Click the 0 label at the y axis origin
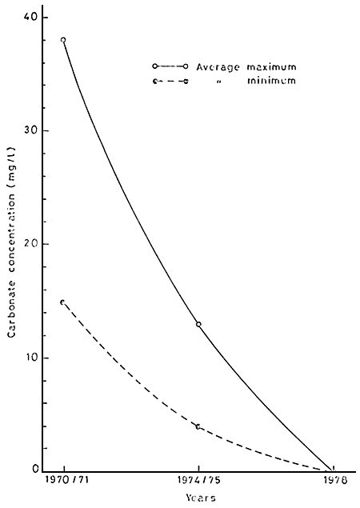(x=38, y=470)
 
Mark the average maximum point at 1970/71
(x=63, y=39)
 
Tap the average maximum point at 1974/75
(x=198, y=324)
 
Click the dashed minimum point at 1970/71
(x=63, y=302)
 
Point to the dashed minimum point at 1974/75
(x=198, y=426)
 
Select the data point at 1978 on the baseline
(x=333, y=470)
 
